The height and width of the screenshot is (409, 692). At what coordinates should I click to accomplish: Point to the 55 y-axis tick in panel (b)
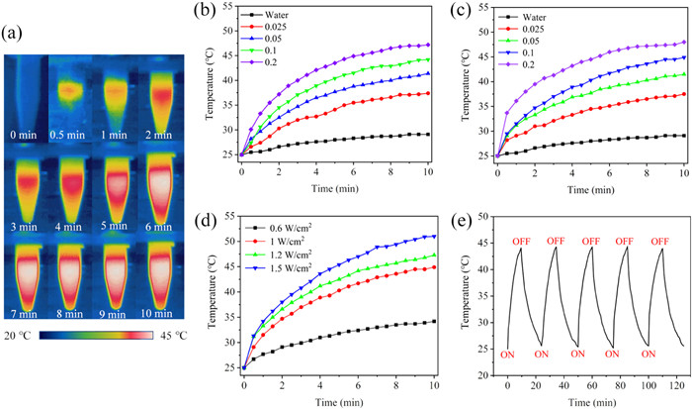230,7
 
